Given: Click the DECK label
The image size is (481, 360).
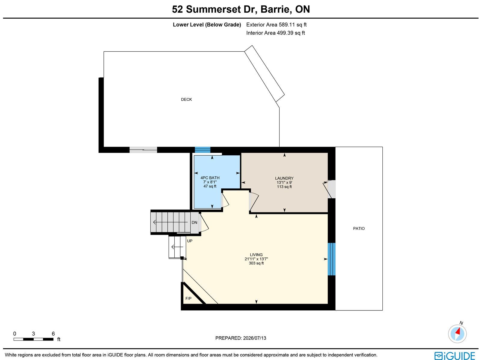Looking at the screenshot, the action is (x=186, y=99).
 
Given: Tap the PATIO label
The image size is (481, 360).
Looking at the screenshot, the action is (x=359, y=228).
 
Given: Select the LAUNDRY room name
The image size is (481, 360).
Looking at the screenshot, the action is (x=284, y=178).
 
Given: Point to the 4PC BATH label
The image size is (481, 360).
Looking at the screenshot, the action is (x=210, y=178).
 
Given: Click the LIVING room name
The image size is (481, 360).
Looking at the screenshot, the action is (x=256, y=255).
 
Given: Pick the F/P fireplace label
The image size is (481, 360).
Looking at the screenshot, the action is (x=188, y=298).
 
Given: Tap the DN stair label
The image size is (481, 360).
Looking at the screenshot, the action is (x=195, y=222).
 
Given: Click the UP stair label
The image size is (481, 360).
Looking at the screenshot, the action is (x=190, y=241).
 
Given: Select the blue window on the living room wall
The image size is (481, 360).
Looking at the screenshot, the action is (x=331, y=259).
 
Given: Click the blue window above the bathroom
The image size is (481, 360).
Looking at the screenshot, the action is (x=203, y=150).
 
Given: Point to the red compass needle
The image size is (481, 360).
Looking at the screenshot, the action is (x=458, y=331).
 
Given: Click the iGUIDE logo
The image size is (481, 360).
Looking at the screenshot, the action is (x=455, y=355).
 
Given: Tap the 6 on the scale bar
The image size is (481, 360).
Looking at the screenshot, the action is (x=53, y=334).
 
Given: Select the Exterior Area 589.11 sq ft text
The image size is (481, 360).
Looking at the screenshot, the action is (x=276, y=25).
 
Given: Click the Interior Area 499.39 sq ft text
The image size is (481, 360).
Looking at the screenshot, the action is (x=275, y=33).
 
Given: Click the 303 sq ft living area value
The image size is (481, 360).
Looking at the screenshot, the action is (x=256, y=263).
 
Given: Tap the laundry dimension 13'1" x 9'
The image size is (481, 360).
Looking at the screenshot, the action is (x=284, y=182).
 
